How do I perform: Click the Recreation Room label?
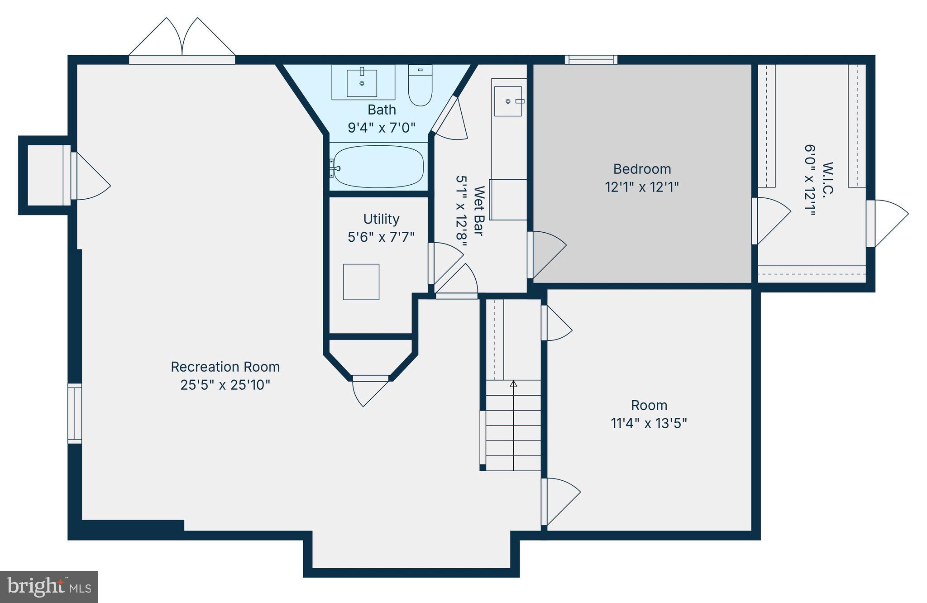[225, 367]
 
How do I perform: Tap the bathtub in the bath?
[378, 167]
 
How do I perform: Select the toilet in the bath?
[420, 85]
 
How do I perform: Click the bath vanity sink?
[362, 83]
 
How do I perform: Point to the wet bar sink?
[508, 101]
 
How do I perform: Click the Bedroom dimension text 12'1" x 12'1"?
[642, 187]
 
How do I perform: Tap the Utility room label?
[381, 219]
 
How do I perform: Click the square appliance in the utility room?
[361, 282]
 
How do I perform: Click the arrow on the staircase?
[513, 384]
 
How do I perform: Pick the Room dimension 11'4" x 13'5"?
[649, 423]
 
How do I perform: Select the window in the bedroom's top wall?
[591, 59]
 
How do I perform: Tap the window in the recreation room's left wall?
[75, 413]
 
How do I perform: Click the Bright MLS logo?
[49, 587]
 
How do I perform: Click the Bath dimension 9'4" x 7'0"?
[381, 128]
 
